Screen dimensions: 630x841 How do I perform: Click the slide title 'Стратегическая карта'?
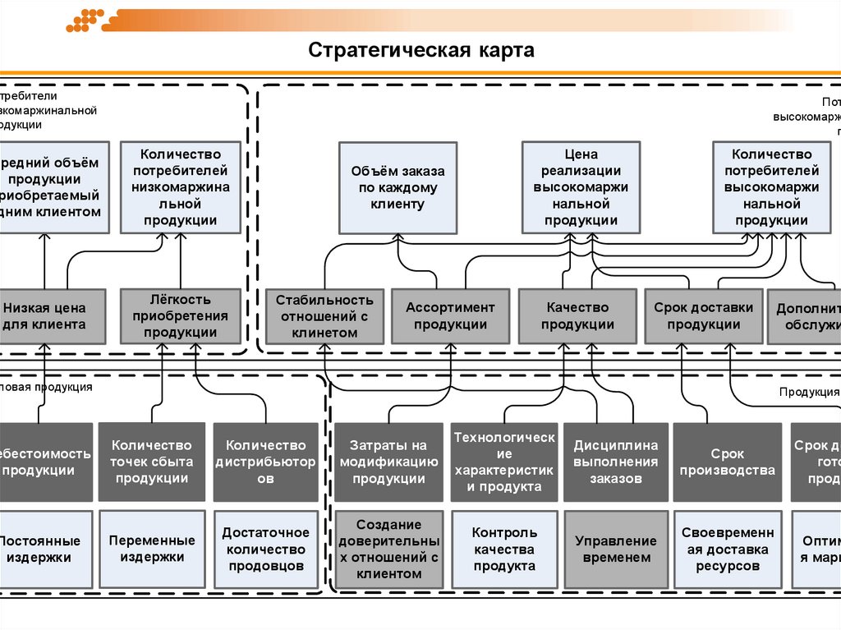click(x=421, y=51)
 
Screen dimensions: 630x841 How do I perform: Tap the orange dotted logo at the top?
click(x=85, y=20)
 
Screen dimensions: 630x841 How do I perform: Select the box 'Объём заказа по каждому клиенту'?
click(x=398, y=187)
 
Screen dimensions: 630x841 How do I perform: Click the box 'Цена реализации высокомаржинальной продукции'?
click(x=581, y=187)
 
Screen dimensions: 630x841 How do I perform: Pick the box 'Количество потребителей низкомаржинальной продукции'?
click(x=181, y=187)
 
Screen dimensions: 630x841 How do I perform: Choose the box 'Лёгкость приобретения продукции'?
click(x=181, y=316)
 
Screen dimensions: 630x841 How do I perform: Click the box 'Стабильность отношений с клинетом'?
click(x=324, y=316)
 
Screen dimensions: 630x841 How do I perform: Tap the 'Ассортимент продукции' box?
click(x=450, y=316)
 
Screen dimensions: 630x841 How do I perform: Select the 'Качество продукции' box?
click(x=577, y=316)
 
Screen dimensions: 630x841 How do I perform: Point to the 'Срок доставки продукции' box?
click(x=703, y=316)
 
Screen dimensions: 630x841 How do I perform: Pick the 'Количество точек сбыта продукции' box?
click(x=152, y=462)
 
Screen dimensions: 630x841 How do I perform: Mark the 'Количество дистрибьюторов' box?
click(x=265, y=462)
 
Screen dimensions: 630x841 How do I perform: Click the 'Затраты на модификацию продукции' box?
click(x=389, y=462)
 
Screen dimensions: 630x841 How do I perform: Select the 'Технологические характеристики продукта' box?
click(x=504, y=462)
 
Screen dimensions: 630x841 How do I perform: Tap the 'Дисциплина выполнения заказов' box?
click(x=615, y=462)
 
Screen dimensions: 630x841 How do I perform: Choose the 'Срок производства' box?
click(x=727, y=462)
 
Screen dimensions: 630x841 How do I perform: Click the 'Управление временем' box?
click(x=615, y=550)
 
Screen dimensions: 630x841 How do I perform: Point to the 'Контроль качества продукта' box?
click(x=504, y=550)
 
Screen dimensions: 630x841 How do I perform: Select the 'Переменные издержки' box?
click(x=152, y=550)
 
